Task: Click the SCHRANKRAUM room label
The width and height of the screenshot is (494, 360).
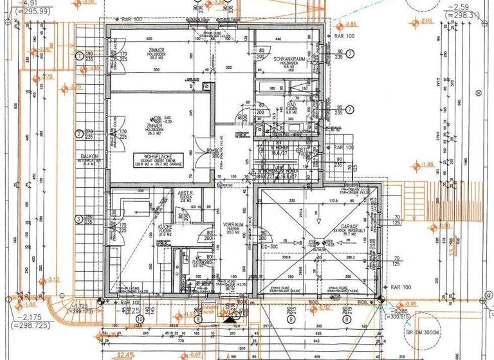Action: [x=293, y=59]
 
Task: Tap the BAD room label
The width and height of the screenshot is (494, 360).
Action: [x=291, y=104]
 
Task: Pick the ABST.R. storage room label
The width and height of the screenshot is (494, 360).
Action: [x=186, y=193]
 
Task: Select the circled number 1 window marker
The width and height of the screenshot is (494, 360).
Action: [x=79, y=56]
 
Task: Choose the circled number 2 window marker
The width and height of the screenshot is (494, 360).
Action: [x=79, y=134]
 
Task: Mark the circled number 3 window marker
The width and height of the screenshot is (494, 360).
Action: [x=79, y=219]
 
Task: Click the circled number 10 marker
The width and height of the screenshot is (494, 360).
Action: [x=140, y=318]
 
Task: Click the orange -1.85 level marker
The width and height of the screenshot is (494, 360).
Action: [x=426, y=165]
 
